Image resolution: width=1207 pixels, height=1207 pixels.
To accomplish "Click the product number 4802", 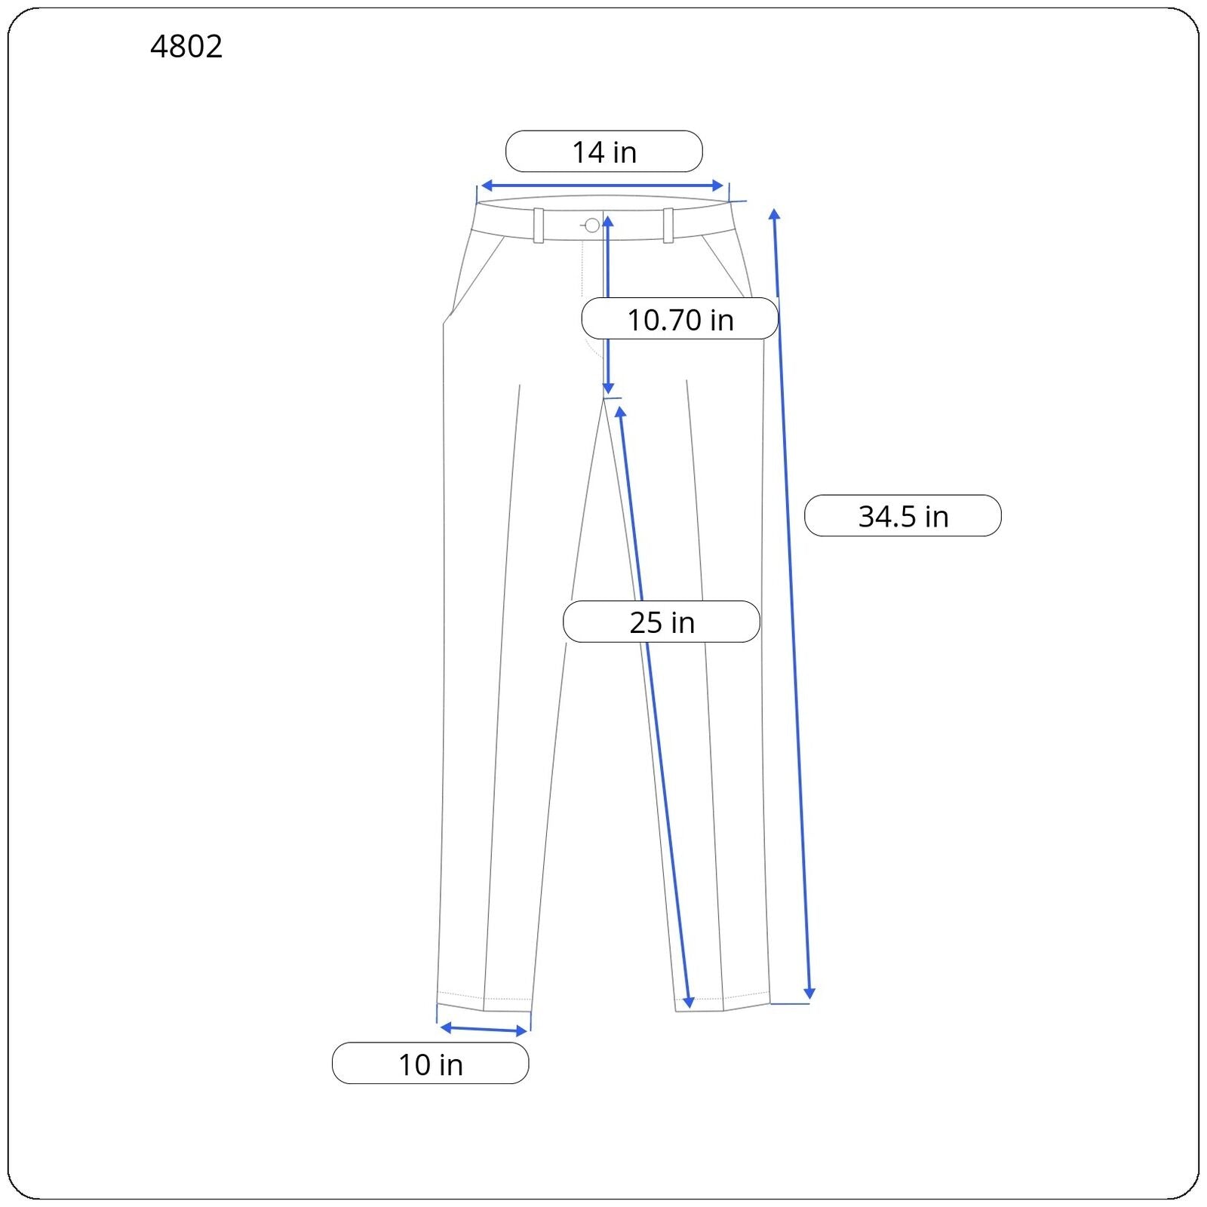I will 186,47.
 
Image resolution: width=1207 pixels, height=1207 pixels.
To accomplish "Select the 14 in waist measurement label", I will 603,152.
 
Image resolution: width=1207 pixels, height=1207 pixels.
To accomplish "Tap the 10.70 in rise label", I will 680,319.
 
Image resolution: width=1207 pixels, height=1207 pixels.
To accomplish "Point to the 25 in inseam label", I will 662,622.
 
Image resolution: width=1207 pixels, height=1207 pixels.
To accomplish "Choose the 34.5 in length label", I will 902,516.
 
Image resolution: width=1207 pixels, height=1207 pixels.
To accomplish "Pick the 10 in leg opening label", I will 430,1064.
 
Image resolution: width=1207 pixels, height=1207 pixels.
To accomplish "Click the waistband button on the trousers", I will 592,225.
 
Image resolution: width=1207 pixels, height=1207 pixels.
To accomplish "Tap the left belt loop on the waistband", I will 539,225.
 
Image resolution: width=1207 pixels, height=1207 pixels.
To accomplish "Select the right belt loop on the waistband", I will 668,225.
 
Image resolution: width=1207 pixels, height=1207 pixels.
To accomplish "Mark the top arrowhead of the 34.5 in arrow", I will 774,214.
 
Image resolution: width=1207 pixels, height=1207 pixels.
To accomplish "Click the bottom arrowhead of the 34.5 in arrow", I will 809,994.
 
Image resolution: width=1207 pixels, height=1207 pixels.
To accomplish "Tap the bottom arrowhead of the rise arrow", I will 608,389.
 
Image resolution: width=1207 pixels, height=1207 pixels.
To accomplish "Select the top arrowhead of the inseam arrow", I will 620,412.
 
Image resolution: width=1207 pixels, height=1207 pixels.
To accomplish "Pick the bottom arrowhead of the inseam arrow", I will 688,1003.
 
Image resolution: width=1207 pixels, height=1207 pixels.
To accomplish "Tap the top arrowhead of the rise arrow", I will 607,220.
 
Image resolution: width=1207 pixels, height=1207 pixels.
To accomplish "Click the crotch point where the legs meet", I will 605,398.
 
